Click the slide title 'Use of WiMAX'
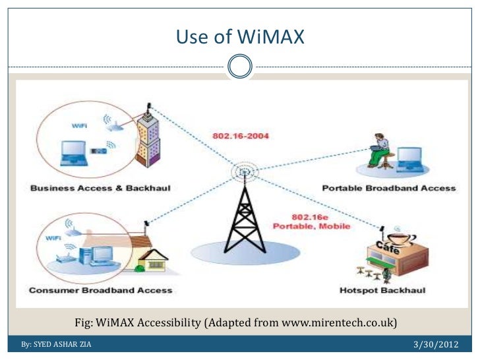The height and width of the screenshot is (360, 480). (240, 38)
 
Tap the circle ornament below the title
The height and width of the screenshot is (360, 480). (240, 66)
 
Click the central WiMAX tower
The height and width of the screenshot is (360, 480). (243, 211)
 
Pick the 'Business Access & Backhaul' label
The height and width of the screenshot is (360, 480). (100, 189)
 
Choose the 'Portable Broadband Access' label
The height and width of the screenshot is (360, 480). (388, 189)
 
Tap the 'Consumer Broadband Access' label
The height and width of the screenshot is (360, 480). (100, 290)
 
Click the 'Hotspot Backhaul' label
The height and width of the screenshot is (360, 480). (382, 290)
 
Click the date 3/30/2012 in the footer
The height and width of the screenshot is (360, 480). (436, 345)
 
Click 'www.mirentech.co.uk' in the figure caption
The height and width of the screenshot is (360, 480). (337, 323)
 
